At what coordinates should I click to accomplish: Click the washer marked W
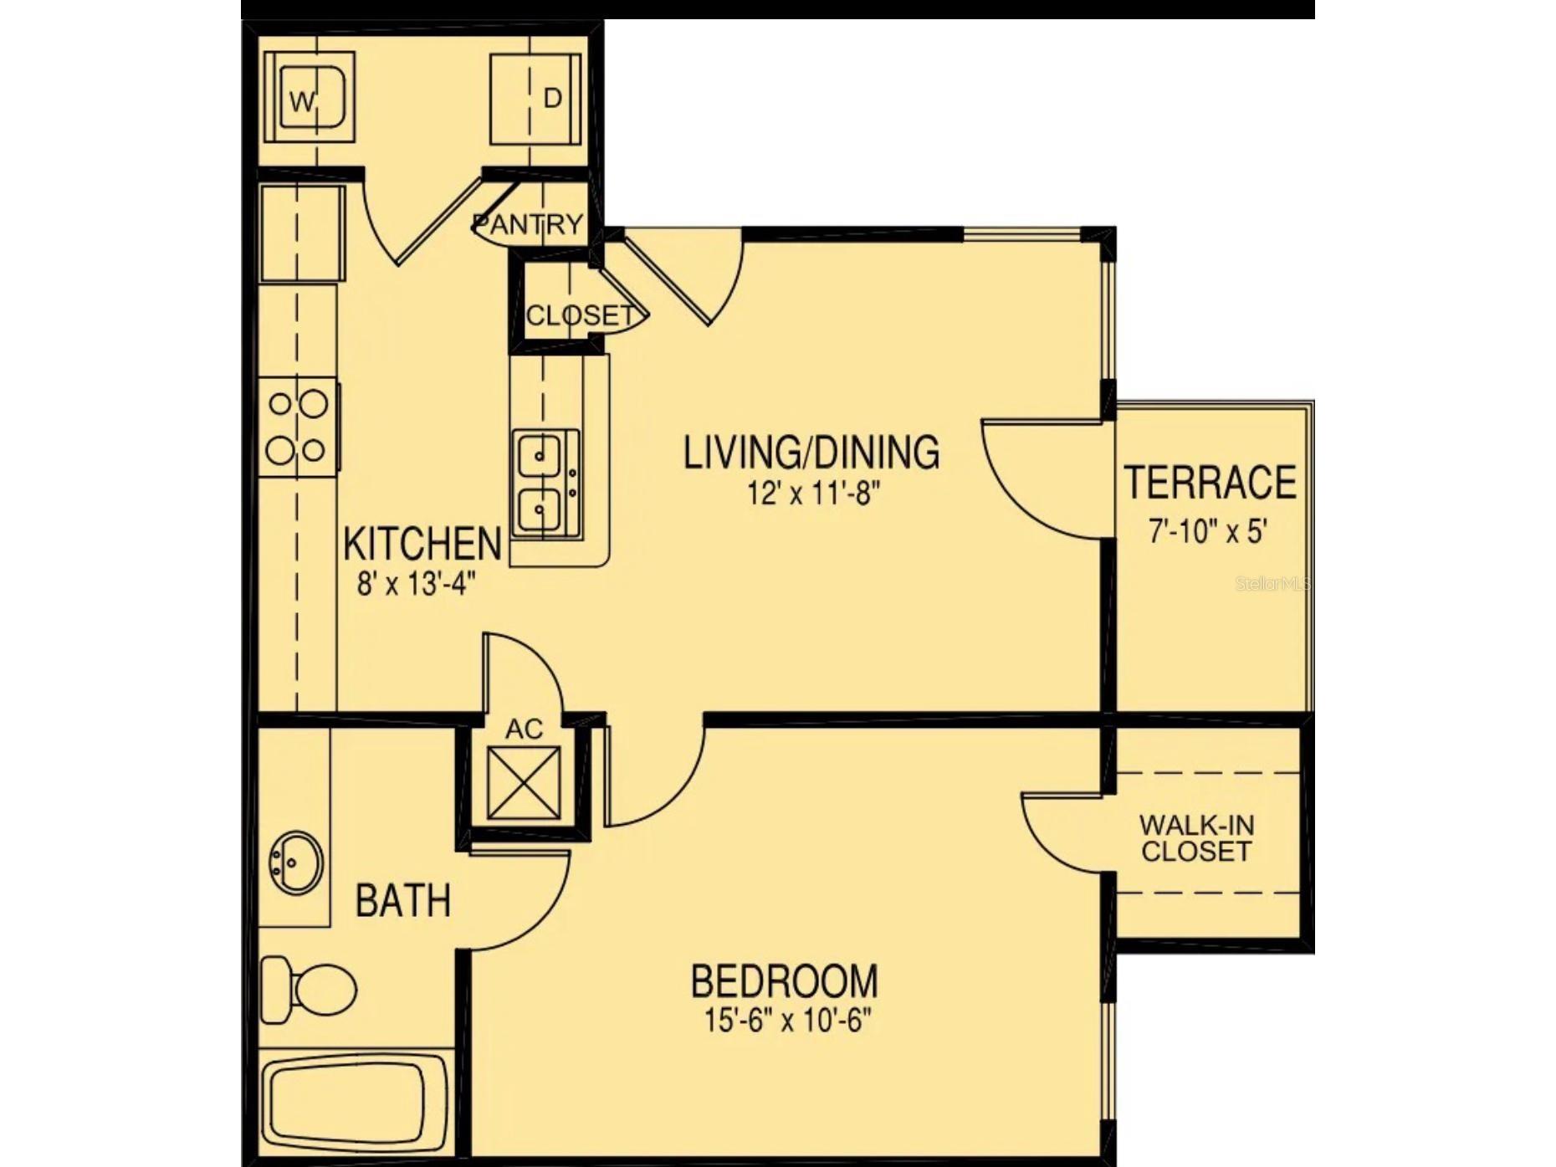coord(309,98)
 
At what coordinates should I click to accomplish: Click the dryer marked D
coord(535,99)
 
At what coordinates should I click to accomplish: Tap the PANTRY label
coord(527,224)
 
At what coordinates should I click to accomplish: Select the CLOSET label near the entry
coord(579,315)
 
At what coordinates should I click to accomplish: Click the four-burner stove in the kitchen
coord(297,427)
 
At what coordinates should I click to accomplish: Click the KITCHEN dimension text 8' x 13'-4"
coord(416,583)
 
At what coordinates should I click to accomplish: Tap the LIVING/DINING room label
coord(811,453)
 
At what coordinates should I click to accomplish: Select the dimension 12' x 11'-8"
coord(814,494)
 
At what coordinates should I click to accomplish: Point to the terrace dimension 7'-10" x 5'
coord(1208,530)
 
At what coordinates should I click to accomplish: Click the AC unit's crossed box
coord(524,783)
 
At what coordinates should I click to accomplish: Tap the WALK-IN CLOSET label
coord(1196,838)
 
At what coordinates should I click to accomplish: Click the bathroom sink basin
coord(297,862)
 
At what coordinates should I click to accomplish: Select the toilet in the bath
coord(309,991)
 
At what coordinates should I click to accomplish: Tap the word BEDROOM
coord(784,981)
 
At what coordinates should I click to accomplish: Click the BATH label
coord(403,901)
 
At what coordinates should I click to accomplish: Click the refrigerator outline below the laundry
coord(302,234)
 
